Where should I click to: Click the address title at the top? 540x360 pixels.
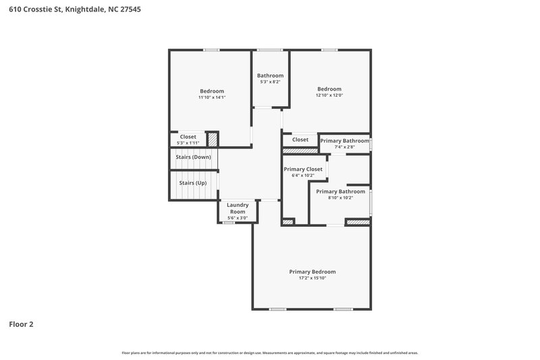[x=76, y=11]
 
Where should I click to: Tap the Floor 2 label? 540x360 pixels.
[x=21, y=324]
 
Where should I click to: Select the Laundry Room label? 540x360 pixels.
[x=238, y=208]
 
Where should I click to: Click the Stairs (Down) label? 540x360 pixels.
[x=193, y=157]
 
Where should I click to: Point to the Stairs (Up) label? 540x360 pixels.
[x=192, y=182]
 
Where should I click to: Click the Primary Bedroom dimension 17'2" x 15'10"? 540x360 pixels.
[x=312, y=278]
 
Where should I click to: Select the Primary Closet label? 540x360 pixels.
[x=303, y=169]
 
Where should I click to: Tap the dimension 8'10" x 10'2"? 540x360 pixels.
[x=340, y=198]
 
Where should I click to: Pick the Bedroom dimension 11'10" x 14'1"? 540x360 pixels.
[x=211, y=97]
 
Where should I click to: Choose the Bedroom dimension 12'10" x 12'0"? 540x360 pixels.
[x=329, y=95]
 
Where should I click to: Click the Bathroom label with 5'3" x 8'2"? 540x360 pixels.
[x=270, y=76]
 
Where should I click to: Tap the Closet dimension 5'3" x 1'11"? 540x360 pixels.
[x=188, y=143]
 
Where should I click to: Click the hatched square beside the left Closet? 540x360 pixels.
[x=213, y=139]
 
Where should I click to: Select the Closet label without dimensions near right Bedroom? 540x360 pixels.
[x=300, y=140]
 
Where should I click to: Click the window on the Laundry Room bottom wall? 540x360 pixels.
[x=229, y=222]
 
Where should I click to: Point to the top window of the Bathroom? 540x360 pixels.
[x=270, y=49]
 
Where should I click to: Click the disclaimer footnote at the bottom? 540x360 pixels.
[x=270, y=353]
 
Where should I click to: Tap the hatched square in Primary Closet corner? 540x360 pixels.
[x=288, y=221]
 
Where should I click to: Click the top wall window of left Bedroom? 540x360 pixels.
[x=211, y=49]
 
